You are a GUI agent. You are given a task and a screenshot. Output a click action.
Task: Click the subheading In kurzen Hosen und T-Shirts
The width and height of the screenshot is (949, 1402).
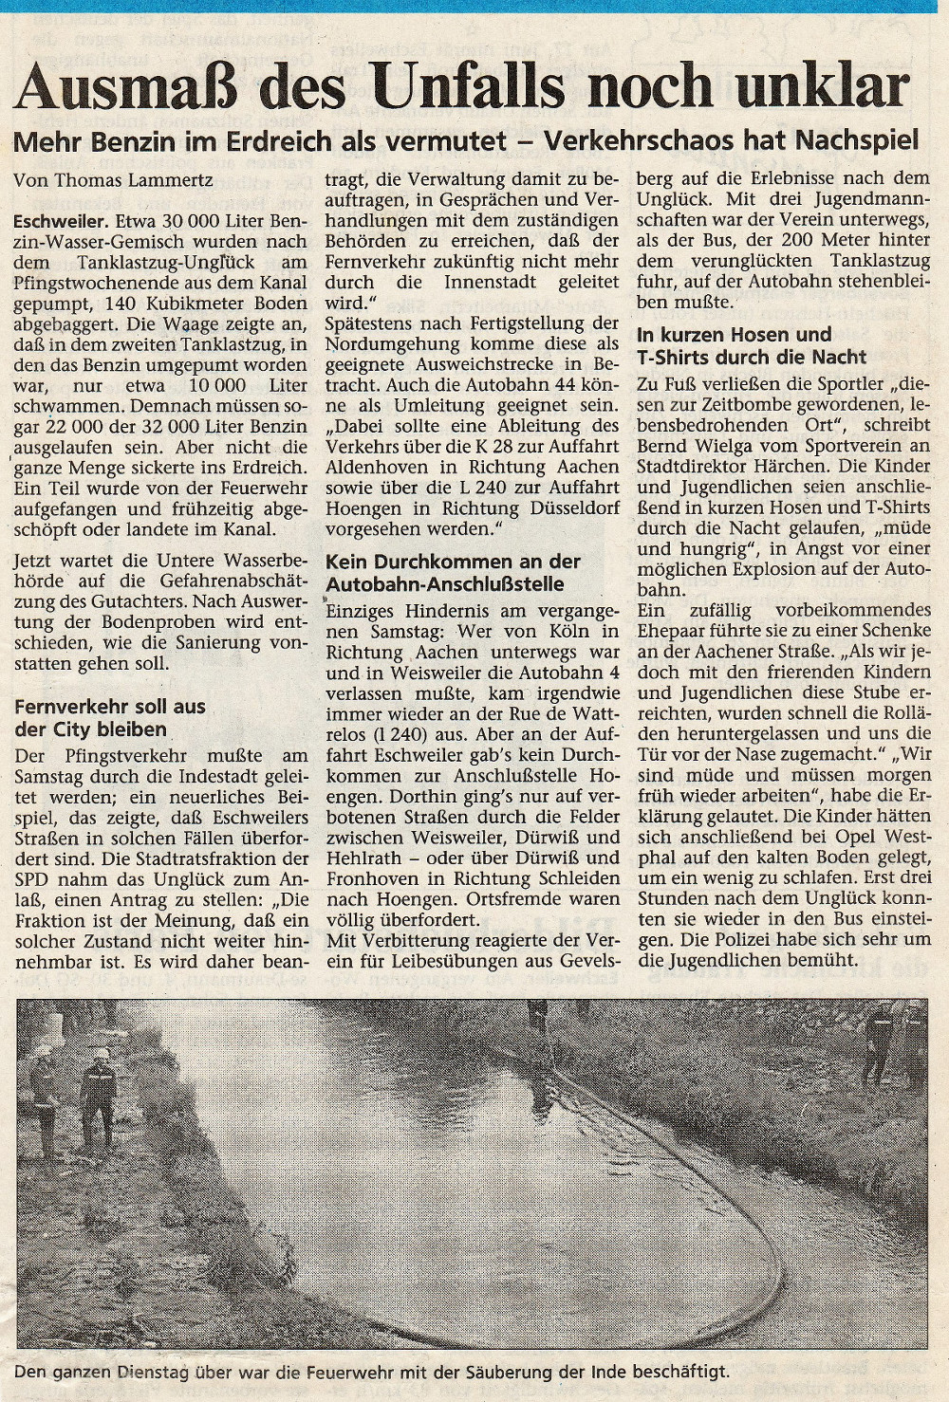(752, 345)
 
